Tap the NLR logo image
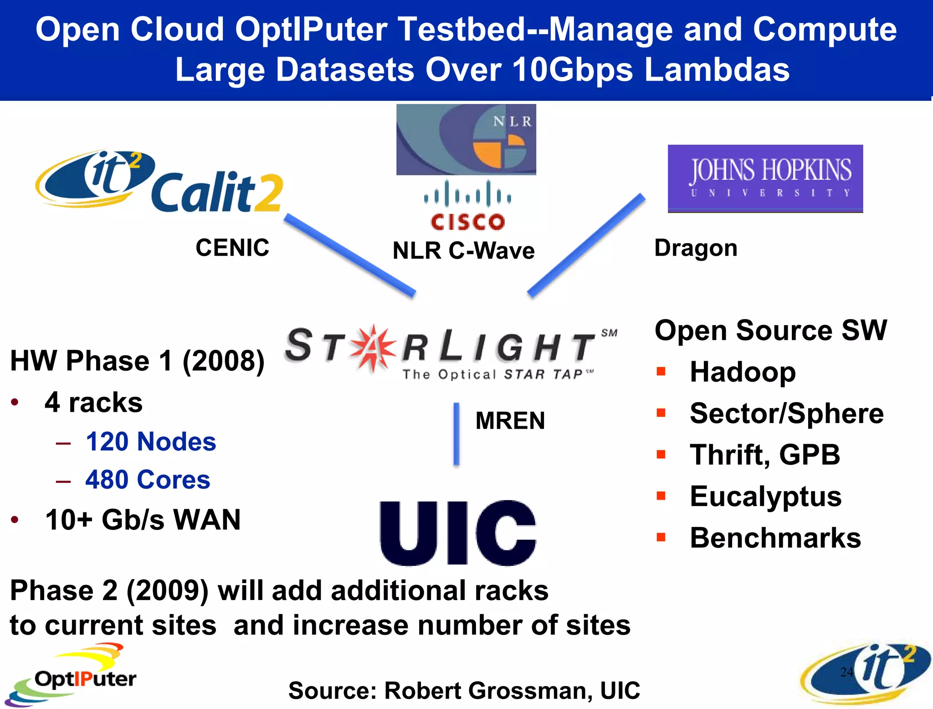(x=466, y=140)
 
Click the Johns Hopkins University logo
(x=765, y=178)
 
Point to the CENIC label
(x=232, y=248)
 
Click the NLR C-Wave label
(x=464, y=251)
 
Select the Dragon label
(x=696, y=248)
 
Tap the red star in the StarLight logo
(x=373, y=347)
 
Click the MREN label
(x=510, y=420)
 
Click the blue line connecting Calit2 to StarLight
(x=350, y=255)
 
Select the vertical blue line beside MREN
(x=456, y=434)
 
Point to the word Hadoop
(x=743, y=372)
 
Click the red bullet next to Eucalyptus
(x=661, y=495)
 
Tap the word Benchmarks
(x=775, y=538)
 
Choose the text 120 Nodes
(x=151, y=441)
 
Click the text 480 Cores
(x=148, y=480)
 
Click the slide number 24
(x=846, y=672)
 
